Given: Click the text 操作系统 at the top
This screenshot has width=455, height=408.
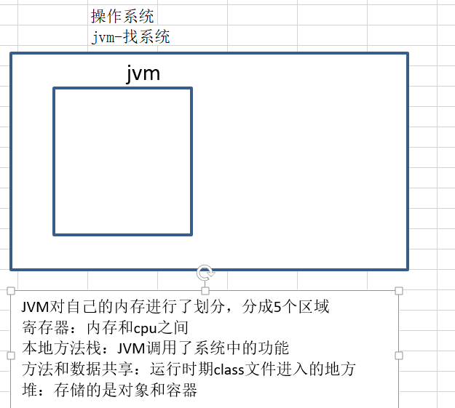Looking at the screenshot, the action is (122, 16).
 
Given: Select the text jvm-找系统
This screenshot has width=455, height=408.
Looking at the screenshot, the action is (130, 36).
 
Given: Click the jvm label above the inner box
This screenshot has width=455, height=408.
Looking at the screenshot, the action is (142, 73).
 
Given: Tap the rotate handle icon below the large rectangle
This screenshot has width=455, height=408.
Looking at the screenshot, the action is (205, 273).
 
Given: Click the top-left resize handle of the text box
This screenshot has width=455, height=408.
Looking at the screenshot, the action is (10, 291).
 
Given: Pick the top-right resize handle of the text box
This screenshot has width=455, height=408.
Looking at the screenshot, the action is (399, 291).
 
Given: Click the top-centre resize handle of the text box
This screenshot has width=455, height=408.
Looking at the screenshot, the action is (205, 291).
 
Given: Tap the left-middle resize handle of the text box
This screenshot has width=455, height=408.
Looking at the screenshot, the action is (10, 356).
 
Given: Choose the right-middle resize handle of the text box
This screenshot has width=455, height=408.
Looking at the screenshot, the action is (399, 356).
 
